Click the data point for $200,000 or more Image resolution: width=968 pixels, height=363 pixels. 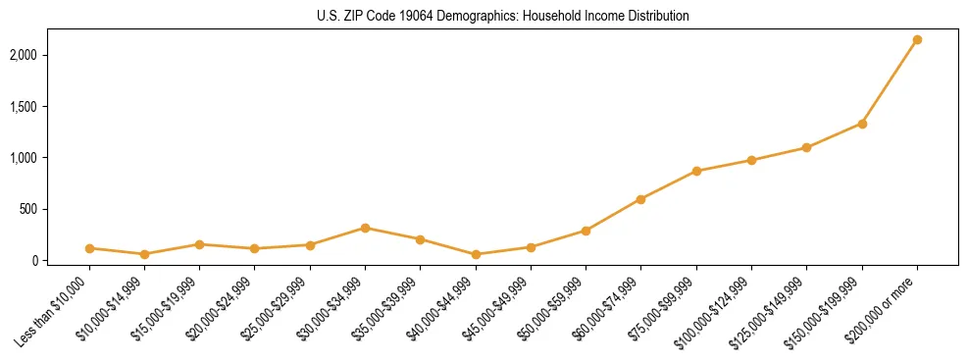[917, 40]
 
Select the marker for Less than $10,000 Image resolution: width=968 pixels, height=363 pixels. [89, 248]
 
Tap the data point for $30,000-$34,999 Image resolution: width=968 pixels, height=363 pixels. [365, 228]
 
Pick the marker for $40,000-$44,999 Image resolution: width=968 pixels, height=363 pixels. [476, 254]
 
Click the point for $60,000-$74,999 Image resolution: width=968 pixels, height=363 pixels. [640, 199]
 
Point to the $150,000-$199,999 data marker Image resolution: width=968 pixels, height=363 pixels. [862, 124]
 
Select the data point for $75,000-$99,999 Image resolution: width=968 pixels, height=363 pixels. [696, 171]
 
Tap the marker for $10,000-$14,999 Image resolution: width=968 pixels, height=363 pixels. [144, 254]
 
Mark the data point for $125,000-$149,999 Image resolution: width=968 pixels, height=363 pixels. [806, 148]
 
